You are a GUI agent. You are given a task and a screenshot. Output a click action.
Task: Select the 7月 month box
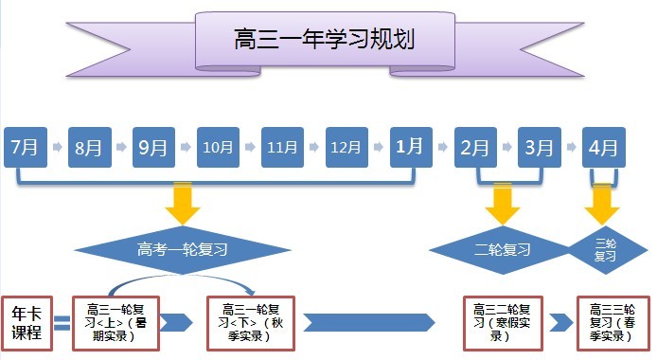(x=25, y=147)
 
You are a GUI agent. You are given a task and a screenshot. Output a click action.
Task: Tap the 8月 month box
(x=89, y=147)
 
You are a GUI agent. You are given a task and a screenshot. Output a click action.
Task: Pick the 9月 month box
(x=153, y=147)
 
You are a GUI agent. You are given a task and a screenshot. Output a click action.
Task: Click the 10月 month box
(x=218, y=147)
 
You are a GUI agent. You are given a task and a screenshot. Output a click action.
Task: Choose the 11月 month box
(x=282, y=147)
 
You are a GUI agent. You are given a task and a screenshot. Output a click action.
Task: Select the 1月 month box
(x=411, y=147)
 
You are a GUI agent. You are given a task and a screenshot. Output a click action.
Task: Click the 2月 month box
(x=475, y=147)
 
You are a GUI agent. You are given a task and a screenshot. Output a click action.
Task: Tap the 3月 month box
(x=540, y=147)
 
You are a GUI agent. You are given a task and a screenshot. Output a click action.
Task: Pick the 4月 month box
(x=603, y=147)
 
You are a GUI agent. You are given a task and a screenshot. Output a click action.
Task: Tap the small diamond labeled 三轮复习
(x=605, y=250)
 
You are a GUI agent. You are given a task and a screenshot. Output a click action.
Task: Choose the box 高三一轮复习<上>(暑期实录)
(x=118, y=322)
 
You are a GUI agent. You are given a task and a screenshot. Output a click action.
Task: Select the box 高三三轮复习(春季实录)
(x=613, y=322)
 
